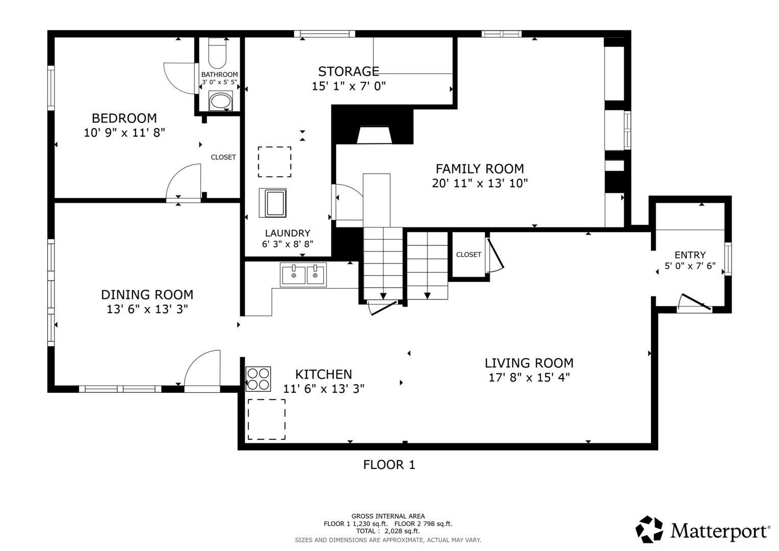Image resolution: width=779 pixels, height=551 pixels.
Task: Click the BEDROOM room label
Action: [124, 118]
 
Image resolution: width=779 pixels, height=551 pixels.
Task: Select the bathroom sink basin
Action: [221, 101]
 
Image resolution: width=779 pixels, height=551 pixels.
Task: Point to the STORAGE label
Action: [348, 71]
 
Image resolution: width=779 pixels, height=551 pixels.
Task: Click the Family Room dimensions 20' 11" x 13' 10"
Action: [480, 183]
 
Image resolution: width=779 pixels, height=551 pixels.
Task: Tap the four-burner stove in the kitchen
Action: [259, 379]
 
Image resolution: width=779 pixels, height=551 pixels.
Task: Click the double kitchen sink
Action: [303, 275]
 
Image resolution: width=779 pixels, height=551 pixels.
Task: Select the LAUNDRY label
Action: [288, 233]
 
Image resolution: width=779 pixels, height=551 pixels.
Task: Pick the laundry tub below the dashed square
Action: [272, 203]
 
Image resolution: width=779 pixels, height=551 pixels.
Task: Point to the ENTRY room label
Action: [690, 255]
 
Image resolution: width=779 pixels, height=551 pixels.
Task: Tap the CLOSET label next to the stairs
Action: [468, 255]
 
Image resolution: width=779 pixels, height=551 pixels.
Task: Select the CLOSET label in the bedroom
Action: [223, 157]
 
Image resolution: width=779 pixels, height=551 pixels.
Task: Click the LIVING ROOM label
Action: [529, 363]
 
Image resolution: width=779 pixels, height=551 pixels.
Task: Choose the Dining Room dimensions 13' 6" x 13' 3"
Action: [147, 309]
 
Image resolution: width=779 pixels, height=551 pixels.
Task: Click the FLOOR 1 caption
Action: [389, 465]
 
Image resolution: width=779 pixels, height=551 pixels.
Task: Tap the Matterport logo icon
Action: [649, 530]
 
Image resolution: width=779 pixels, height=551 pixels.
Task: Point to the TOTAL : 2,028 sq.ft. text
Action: [388, 531]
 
